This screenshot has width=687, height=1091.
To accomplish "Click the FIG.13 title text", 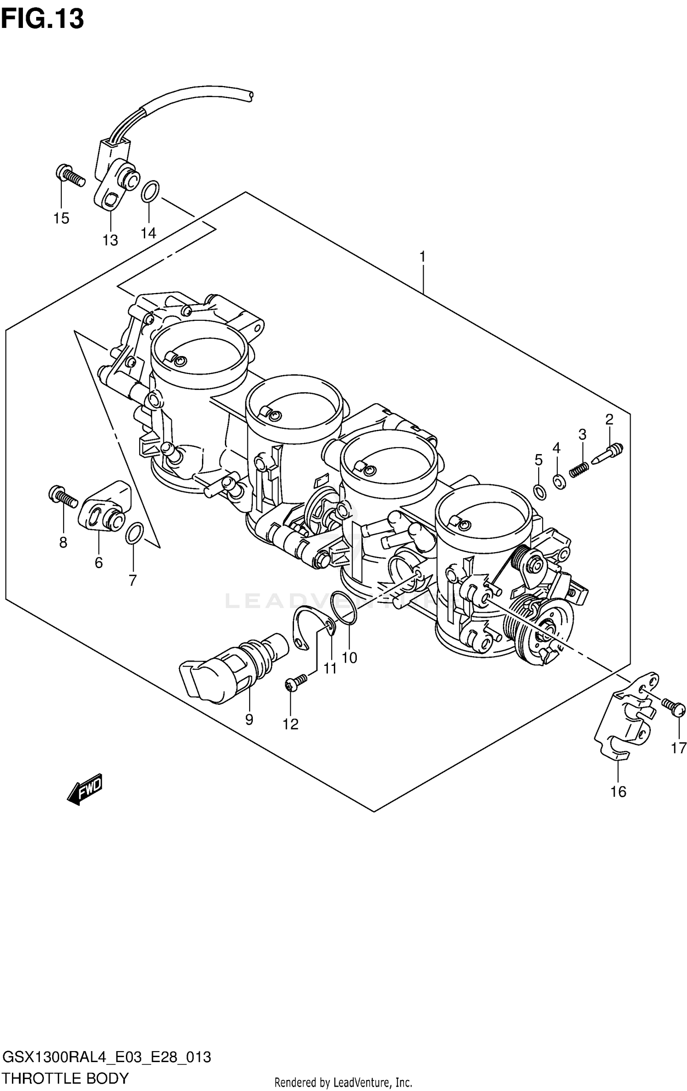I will pyautogui.click(x=42, y=19).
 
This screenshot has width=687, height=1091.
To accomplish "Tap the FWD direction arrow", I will pyautogui.click(x=85, y=789).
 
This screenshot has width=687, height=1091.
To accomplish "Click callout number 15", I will pyautogui.click(x=61, y=218).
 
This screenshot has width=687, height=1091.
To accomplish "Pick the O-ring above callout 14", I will pyautogui.click(x=150, y=191).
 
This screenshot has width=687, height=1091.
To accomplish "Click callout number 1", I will pyautogui.click(x=422, y=257).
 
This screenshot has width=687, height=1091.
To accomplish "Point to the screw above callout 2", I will pyautogui.click(x=608, y=453).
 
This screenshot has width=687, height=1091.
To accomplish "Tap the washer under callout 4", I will pyautogui.click(x=559, y=482).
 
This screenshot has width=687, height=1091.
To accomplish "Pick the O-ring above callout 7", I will pyautogui.click(x=134, y=533).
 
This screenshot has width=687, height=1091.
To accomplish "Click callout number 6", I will pyautogui.click(x=98, y=562).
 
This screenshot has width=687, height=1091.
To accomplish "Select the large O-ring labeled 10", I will pyautogui.click(x=343, y=608).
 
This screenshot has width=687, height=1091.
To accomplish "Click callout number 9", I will pyautogui.click(x=249, y=719).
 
